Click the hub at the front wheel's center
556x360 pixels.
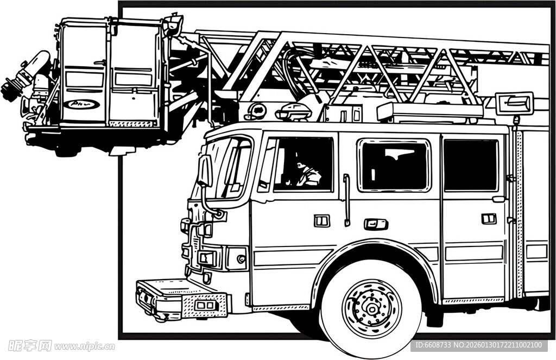pyautogui.click(x=372, y=308)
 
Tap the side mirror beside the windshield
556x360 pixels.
pyautogui.click(x=205, y=170)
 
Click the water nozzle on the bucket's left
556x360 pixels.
pyautogui.click(x=24, y=76)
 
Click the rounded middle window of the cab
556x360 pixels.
pyautogui.click(x=394, y=165)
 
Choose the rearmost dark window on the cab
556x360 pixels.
pyautogui.click(x=470, y=165)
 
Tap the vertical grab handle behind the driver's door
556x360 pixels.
pyautogui.click(x=346, y=200)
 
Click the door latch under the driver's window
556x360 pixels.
pyautogui.click(x=321, y=220)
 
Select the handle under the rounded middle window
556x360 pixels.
pyautogui.click(x=376, y=224)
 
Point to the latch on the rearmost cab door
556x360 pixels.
pyautogui.click(x=489, y=218)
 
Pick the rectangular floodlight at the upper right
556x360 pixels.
pyautogui.click(x=514, y=103)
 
